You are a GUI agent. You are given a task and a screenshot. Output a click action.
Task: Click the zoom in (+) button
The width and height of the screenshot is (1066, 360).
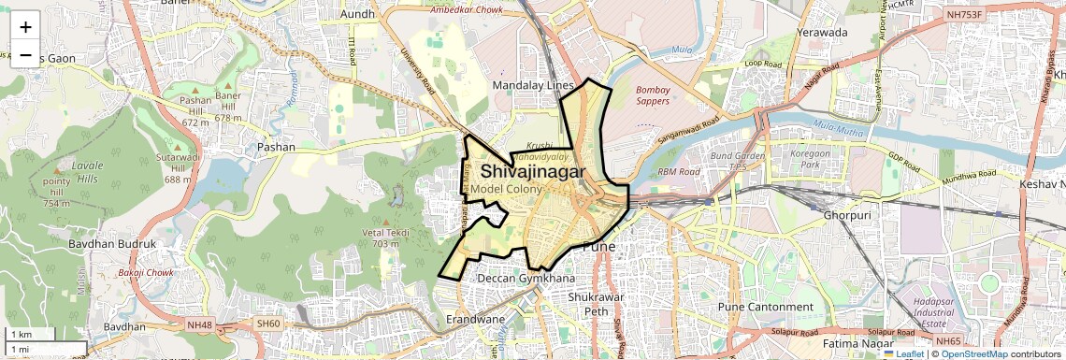[25, 27]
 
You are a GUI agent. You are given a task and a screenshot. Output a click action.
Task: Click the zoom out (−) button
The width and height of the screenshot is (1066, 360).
[25, 55]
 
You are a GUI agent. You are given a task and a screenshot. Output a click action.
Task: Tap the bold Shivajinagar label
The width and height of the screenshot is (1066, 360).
[533, 172]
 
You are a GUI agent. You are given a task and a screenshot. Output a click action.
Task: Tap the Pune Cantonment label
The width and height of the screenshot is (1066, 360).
[765, 307]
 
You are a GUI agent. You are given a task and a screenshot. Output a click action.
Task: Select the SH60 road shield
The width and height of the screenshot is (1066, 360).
[267, 324]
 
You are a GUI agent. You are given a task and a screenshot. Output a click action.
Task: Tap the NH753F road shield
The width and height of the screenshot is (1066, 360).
[963, 15]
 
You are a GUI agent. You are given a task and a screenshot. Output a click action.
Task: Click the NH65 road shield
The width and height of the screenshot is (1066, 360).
[947, 341]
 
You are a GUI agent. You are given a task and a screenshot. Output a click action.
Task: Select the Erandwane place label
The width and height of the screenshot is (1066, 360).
[481, 318]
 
